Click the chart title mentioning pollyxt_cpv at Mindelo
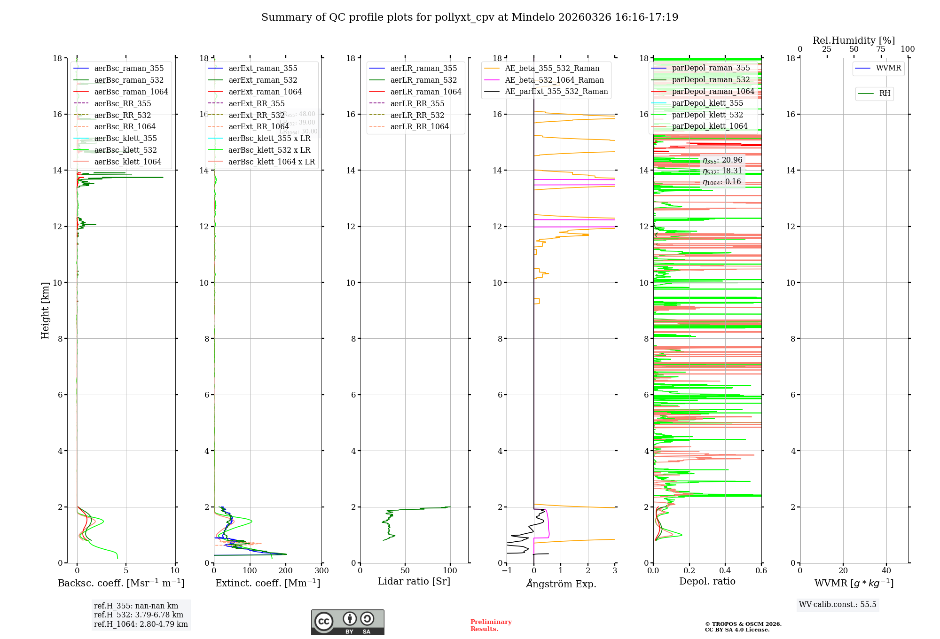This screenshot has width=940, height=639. click(x=470, y=17)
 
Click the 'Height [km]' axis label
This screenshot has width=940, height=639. click(x=45, y=311)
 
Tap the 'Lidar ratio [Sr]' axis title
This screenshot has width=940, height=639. click(x=414, y=582)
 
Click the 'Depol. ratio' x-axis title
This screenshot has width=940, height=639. click(x=707, y=582)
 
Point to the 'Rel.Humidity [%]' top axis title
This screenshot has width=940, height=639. click(x=854, y=41)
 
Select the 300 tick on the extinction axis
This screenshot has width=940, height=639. click(x=321, y=571)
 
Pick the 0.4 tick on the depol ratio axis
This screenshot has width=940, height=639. click(x=725, y=571)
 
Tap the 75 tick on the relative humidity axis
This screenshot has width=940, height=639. click(x=880, y=49)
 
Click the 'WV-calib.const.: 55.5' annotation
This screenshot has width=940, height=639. click(x=838, y=605)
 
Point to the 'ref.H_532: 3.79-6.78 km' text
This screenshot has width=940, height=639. click(x=139, y=615)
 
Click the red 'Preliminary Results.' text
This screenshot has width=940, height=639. click(x=491, y=625)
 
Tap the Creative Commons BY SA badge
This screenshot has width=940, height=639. click(x=347, y=623)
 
